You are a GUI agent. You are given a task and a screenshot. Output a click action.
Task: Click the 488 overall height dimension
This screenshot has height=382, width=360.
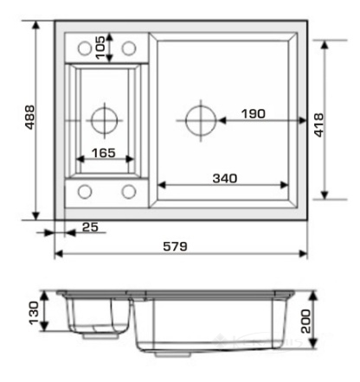tap(29, 118)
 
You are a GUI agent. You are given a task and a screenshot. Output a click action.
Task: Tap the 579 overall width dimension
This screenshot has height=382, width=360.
tap(175, 246)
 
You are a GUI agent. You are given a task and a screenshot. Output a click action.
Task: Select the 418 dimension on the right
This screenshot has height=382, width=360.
tap(318, 125)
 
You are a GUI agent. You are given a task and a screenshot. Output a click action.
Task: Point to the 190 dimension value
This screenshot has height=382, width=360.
tap(254, 114)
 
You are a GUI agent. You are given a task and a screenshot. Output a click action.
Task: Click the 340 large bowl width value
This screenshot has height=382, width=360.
tap(225, 179)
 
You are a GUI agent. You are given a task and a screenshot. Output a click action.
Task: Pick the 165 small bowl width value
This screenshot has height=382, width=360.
tap(104, 153)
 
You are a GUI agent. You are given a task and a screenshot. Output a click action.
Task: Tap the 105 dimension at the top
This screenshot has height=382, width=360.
tap(100, 48)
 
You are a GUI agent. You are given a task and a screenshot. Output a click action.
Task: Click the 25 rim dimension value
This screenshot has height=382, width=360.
tap(90, 227)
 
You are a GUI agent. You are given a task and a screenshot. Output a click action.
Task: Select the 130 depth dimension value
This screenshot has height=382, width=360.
tap(34, 313)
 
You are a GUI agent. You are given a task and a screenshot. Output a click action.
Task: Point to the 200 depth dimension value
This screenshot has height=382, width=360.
tap(305, 322)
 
